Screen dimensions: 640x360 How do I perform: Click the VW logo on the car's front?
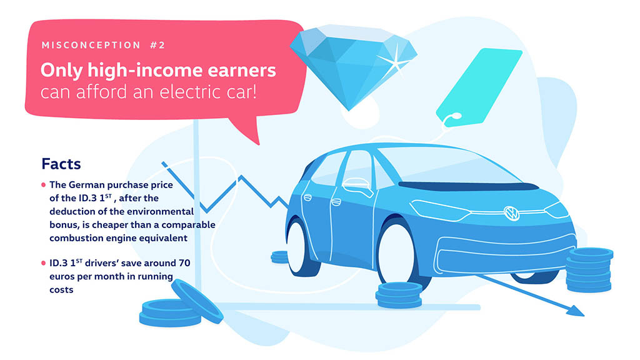click(511, 213)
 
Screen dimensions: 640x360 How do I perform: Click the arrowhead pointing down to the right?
click(576, 311)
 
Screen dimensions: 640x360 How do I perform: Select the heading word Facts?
click(61, 164)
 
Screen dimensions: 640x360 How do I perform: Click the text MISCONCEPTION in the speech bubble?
click(91, 45)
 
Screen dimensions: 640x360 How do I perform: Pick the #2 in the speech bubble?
click(157, 45)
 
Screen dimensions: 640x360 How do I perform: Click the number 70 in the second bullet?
click(184, 263)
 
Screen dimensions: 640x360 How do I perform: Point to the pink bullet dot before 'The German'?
click(43, 185)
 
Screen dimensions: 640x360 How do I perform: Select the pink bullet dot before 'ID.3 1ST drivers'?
click(43, 263)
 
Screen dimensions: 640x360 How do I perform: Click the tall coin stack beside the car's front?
click(589, 270)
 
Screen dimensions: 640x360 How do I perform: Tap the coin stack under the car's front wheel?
click(399, 295)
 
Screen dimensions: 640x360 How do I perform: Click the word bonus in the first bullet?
click(61, 224)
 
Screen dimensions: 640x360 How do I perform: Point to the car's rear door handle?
click(336, 202)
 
